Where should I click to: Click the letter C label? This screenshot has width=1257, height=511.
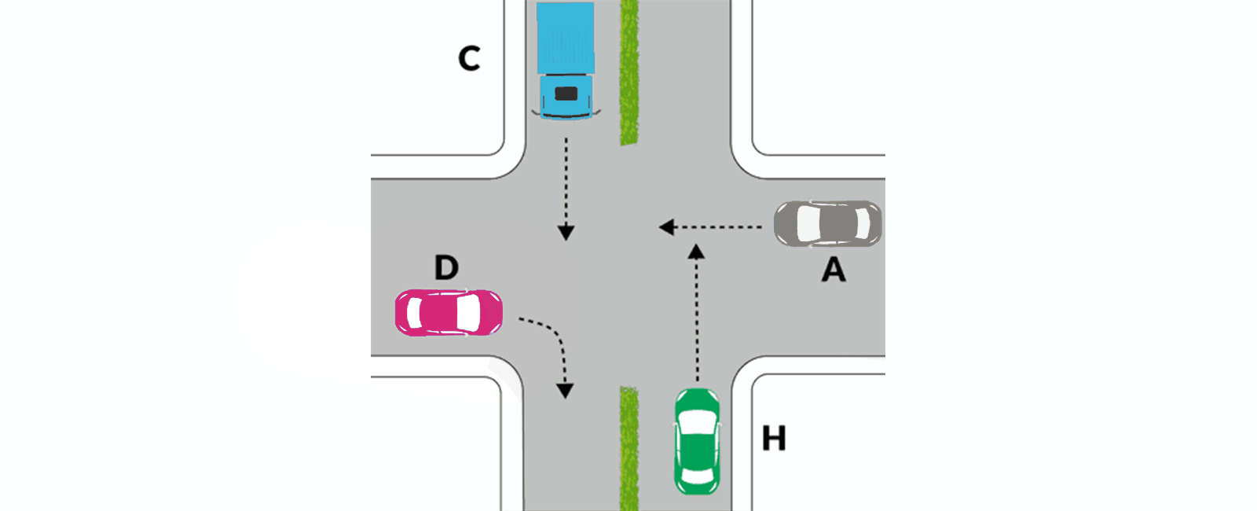coord(469,58)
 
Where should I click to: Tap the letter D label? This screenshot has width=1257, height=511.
coord(446,268)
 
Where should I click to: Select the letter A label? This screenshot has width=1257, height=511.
coord(834,270)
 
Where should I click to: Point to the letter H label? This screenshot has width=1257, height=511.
coord(774,438)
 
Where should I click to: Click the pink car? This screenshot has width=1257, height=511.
coord(449,313)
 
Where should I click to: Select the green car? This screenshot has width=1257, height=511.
coord(696,441)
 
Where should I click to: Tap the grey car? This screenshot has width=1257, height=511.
coord(827,224)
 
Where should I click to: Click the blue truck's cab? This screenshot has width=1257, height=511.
coord(566,96)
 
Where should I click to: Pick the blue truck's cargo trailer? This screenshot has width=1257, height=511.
coord(566,38)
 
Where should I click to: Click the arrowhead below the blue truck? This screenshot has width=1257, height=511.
coord(566,232)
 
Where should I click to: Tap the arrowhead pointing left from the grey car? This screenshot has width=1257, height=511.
coord(668,227)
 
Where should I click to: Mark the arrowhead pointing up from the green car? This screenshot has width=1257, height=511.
coord(696,252)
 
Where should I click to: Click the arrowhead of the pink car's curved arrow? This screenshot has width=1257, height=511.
coord(564,390)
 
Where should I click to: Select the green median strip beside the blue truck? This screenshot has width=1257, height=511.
coord(628,72)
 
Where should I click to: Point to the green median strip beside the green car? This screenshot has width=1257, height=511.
coord(628,448)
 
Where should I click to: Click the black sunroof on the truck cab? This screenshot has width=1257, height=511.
coord(566,94)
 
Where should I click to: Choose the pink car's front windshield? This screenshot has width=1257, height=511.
coord(468,313)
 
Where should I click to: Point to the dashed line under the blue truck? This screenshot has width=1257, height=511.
coord(566,181)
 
